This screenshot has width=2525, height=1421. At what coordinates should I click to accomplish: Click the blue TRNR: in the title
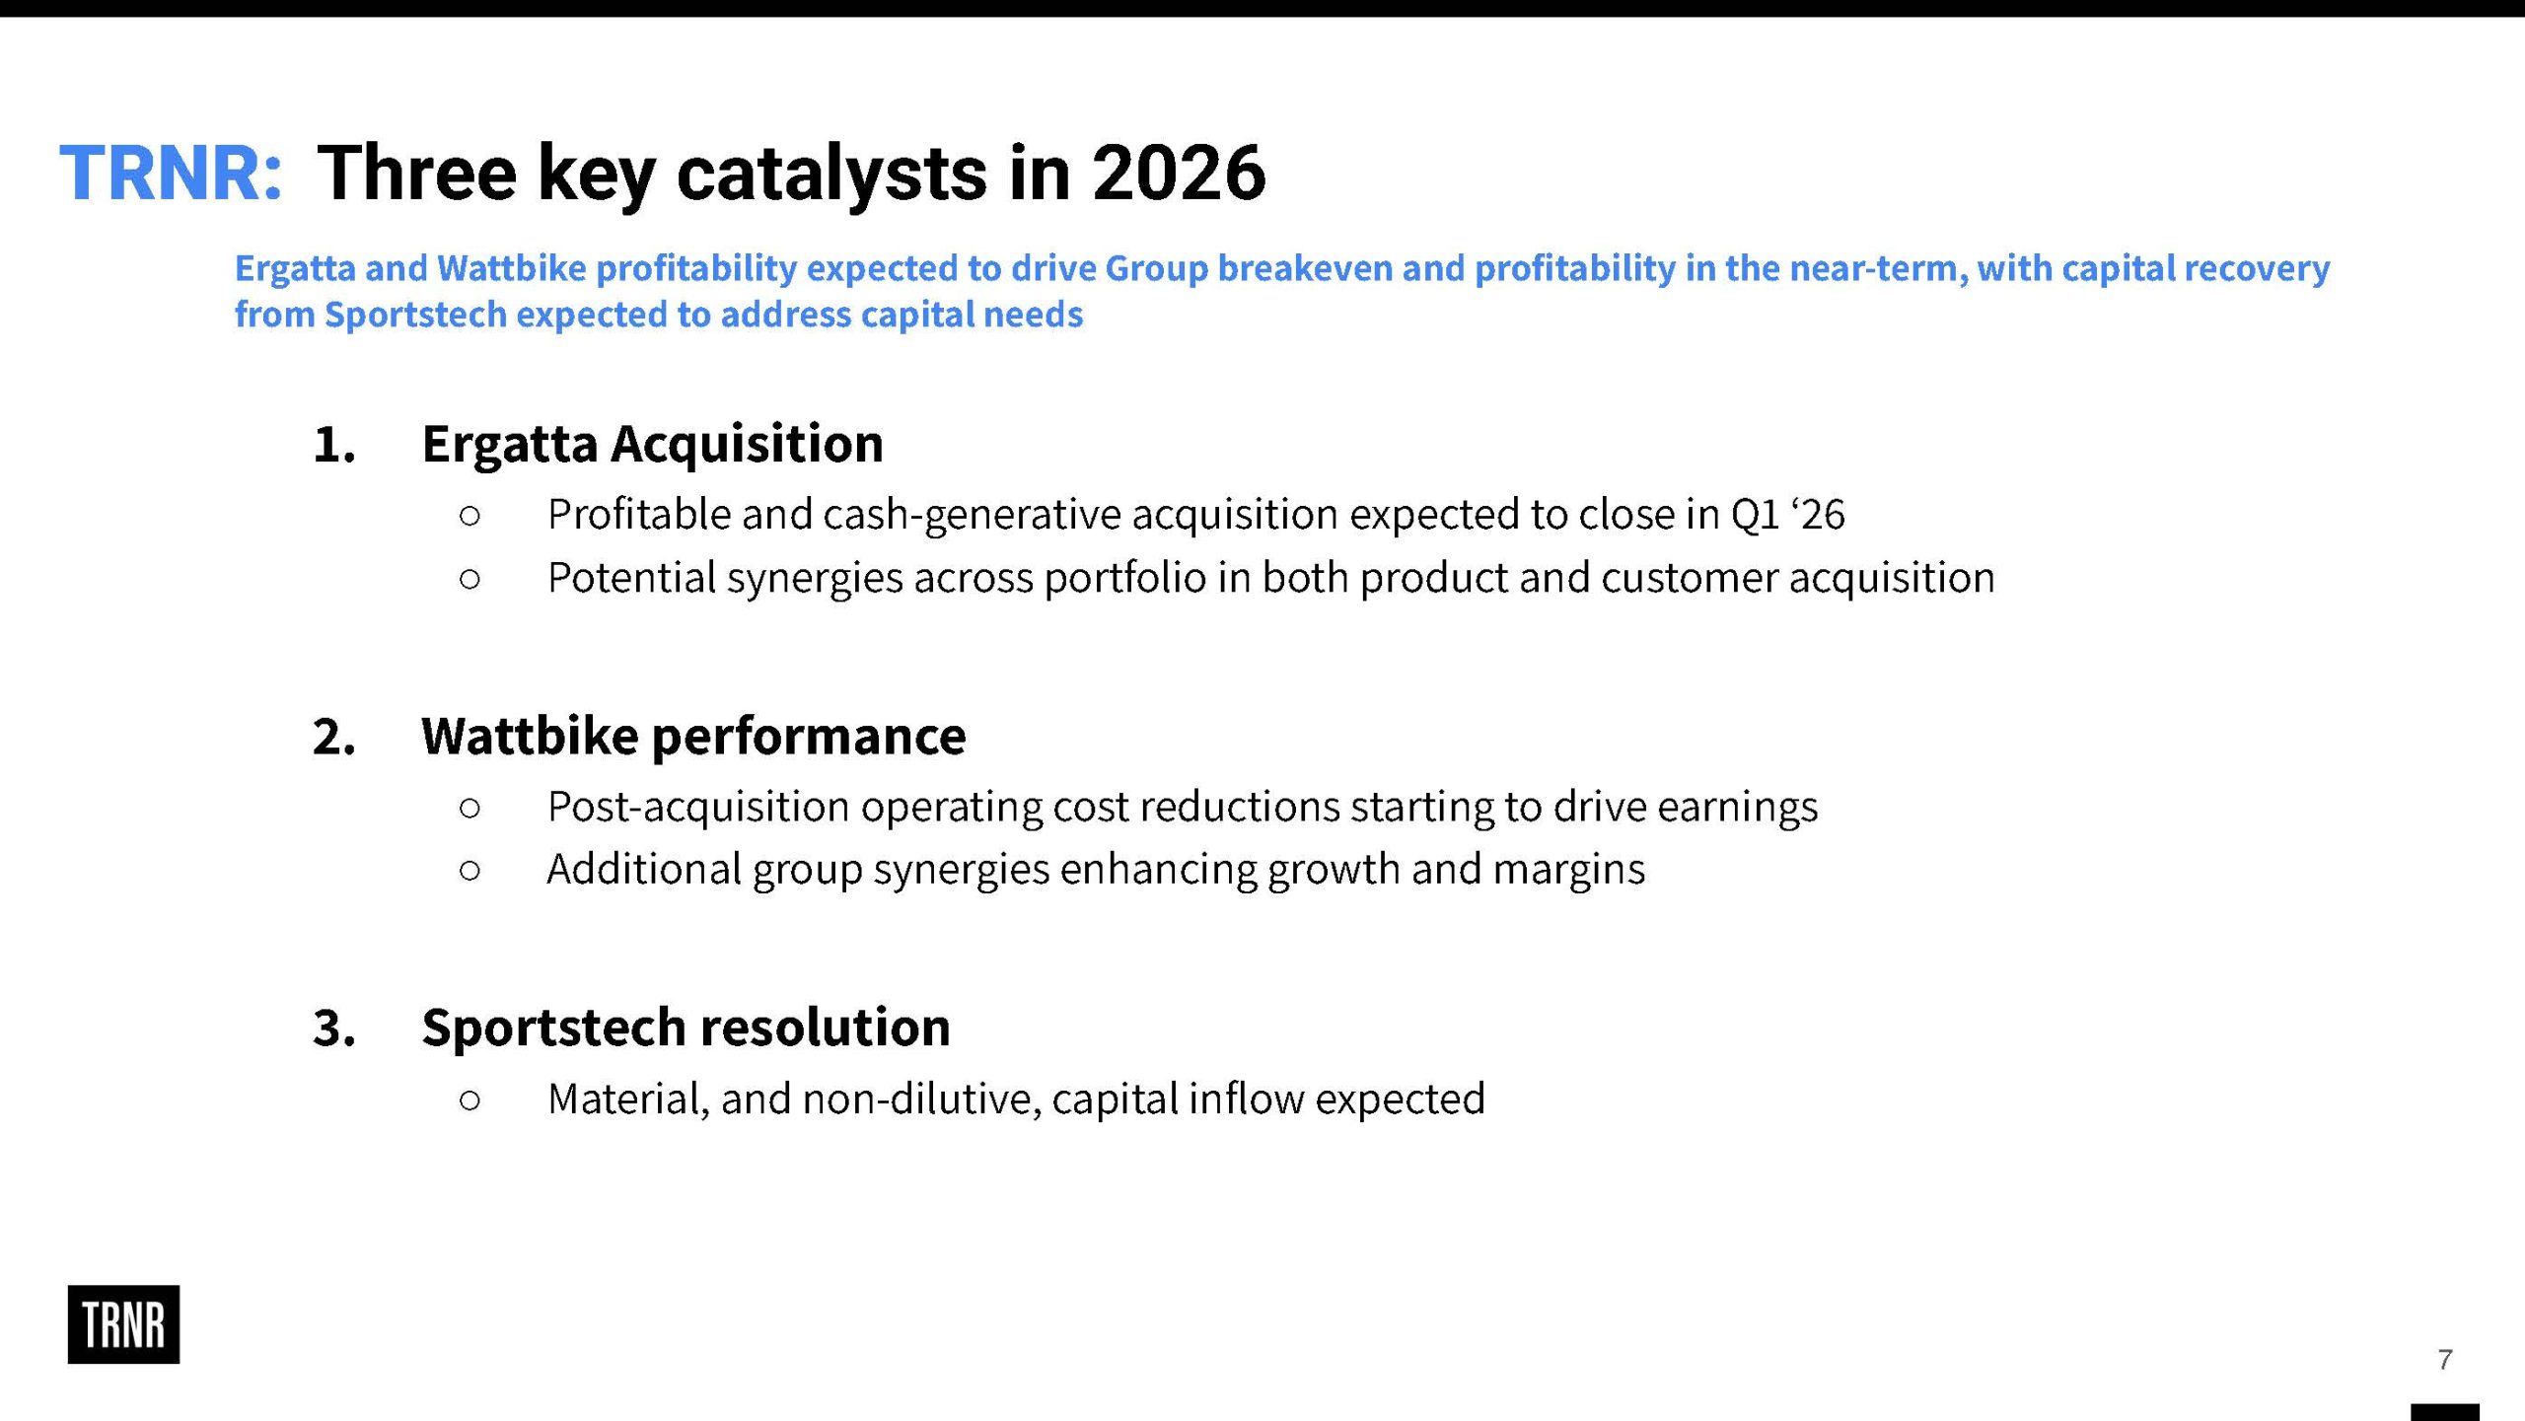172,173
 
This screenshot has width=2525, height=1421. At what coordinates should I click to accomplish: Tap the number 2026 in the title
1179,173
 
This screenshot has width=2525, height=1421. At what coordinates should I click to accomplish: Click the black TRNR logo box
123,1324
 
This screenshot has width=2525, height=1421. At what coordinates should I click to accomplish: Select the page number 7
2444,1360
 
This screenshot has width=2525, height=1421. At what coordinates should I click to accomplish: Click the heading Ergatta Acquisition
652,444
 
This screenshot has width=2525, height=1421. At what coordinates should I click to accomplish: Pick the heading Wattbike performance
693,736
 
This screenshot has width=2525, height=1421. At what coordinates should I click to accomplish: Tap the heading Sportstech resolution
685,1027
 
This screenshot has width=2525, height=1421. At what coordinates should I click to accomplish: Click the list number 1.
333,445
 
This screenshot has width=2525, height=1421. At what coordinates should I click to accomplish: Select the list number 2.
333,737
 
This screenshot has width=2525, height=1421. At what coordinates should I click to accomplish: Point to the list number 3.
333,1029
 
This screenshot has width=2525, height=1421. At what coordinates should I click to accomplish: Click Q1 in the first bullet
1756,515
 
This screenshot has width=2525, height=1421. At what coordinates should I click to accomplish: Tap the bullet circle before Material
470,1100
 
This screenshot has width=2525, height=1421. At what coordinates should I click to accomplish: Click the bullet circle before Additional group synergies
470,870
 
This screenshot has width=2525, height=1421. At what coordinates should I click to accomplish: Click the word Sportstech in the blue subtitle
415,315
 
